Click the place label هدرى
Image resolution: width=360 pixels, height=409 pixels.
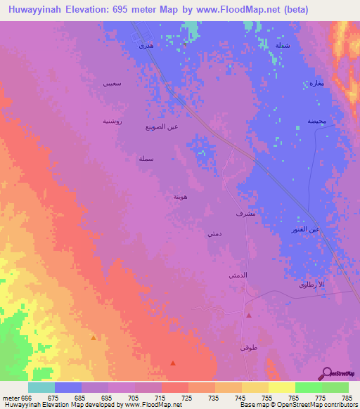146,46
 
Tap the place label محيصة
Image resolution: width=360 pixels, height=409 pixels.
316,121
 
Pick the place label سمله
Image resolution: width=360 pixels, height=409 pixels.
146,160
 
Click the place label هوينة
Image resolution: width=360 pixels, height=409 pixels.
181,197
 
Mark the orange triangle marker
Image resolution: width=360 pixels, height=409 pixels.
94,338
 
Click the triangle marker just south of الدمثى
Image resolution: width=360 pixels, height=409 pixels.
249,316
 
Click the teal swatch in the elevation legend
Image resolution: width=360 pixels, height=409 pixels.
41,387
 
